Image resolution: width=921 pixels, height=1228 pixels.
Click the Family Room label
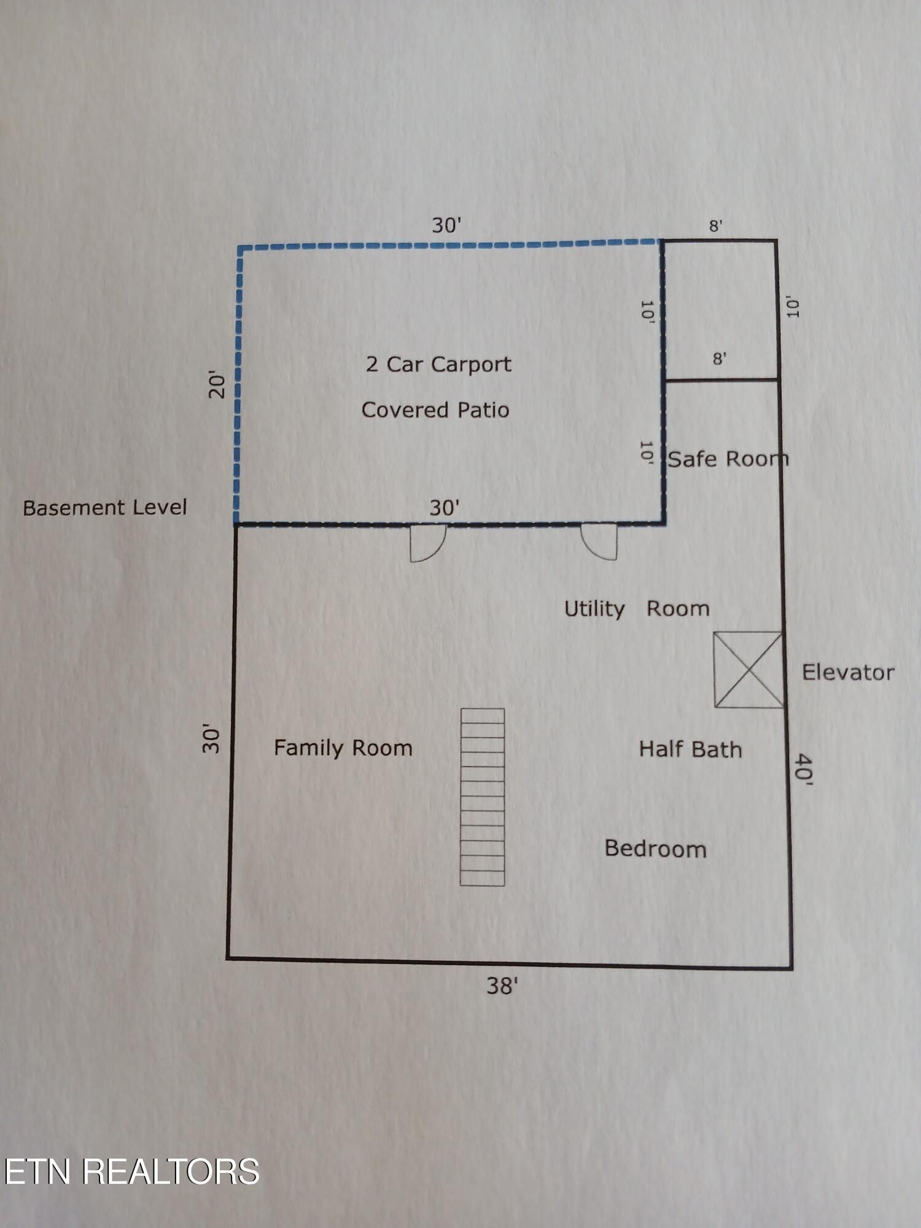(343, 748)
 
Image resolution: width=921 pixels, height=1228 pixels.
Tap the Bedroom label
(655, 849)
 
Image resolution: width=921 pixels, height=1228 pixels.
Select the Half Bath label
(690, 749)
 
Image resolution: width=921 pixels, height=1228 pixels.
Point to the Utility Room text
(637, 608)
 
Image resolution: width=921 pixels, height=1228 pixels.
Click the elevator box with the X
(748, 669)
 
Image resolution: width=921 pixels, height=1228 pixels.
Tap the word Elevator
(848, 672)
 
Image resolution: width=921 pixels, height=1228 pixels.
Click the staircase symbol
(483, 797)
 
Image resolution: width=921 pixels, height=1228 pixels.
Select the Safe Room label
(728, 459)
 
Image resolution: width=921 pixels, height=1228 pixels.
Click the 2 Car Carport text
(438, 364)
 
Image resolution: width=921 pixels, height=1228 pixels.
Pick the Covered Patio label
(435, 410)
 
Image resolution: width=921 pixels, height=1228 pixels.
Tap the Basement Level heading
(105, 507)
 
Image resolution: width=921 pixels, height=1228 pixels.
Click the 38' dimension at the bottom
(502, 986)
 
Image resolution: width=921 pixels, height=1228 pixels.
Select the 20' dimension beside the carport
(217, 384)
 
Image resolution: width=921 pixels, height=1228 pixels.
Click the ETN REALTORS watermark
(131, 1172)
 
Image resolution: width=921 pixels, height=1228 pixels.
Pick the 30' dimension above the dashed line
(446, 225)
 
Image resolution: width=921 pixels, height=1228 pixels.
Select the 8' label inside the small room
(720, 358)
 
